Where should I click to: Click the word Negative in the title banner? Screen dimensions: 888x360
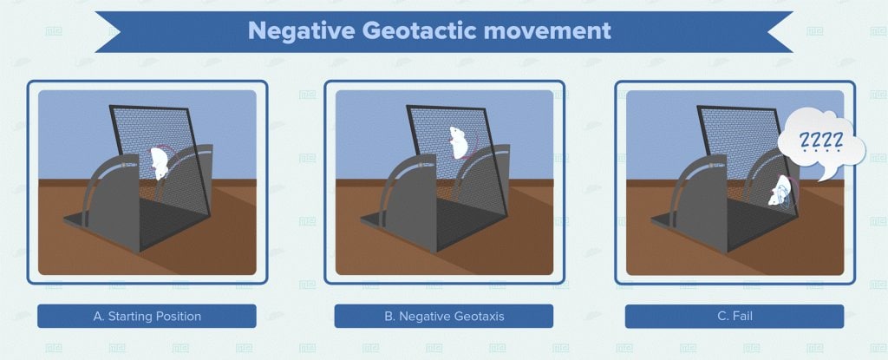(299, 30)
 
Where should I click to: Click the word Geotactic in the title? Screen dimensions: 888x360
(416, 30)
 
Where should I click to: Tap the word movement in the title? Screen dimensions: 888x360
(547, 30)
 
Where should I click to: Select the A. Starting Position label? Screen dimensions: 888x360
(147, 316)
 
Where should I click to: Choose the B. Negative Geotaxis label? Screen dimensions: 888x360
(443, 316)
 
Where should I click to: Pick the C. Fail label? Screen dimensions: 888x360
(735, 316)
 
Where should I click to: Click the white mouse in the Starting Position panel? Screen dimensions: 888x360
(160, 162)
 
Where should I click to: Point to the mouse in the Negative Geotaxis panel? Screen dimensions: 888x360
(458, 142)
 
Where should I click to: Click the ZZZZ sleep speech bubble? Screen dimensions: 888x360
(821, 143)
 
